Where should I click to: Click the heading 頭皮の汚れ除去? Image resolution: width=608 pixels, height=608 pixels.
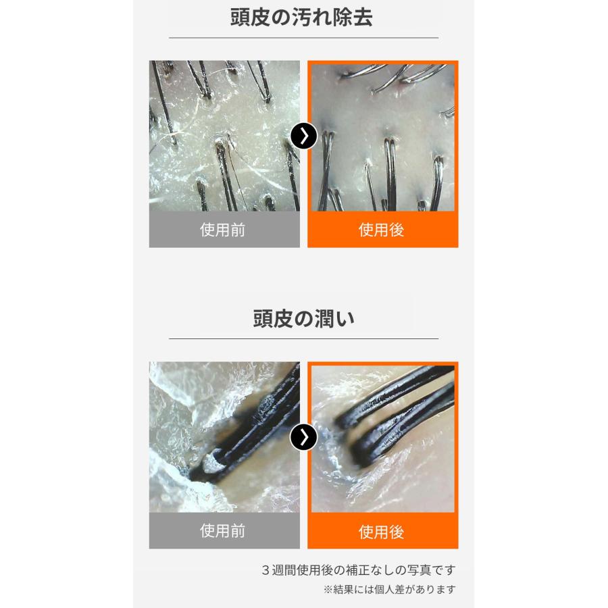302,18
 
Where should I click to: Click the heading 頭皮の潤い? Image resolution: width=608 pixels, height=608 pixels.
303,319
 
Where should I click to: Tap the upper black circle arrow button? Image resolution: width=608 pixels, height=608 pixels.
303,136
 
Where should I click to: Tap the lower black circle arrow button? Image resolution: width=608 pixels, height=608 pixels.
303,438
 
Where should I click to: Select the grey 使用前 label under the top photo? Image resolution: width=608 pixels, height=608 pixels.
224,230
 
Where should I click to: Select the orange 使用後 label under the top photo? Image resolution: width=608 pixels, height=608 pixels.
382,230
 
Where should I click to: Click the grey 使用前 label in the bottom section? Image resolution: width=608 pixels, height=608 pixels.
224,531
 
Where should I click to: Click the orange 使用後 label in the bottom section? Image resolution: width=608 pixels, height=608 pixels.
382,532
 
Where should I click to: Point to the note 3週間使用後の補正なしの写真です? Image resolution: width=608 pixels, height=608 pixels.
358,570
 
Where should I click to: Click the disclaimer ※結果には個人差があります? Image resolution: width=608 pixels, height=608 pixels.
390,590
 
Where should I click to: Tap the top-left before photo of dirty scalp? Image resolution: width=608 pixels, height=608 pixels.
224,135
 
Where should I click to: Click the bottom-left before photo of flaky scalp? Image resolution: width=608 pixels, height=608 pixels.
224,436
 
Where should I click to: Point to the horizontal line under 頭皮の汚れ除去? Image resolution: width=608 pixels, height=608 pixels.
303,38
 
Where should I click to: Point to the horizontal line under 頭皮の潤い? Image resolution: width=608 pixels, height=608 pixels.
303,338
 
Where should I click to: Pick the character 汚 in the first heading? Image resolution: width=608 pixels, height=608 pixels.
302,18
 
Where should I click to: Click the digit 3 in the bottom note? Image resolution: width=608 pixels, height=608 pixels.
265,570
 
